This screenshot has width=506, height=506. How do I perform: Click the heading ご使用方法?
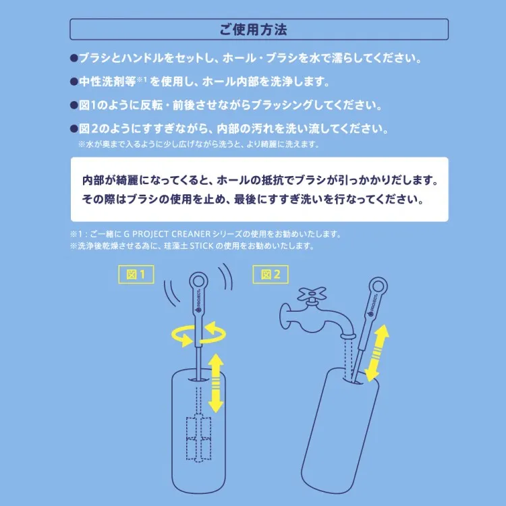click(x=253, y=30)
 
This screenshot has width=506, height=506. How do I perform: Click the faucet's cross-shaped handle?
click(x=313, y=295)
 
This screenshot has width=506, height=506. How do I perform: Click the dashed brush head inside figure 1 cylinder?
click(x=198, y=432)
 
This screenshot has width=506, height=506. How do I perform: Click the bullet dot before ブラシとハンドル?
click(x=74, y=59)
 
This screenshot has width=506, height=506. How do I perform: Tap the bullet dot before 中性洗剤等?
click(x=74, y=82)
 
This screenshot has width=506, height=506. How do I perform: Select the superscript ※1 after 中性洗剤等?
click(x=142, y=80)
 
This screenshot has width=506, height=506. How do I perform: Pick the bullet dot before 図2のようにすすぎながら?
click(x=74, y=129)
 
